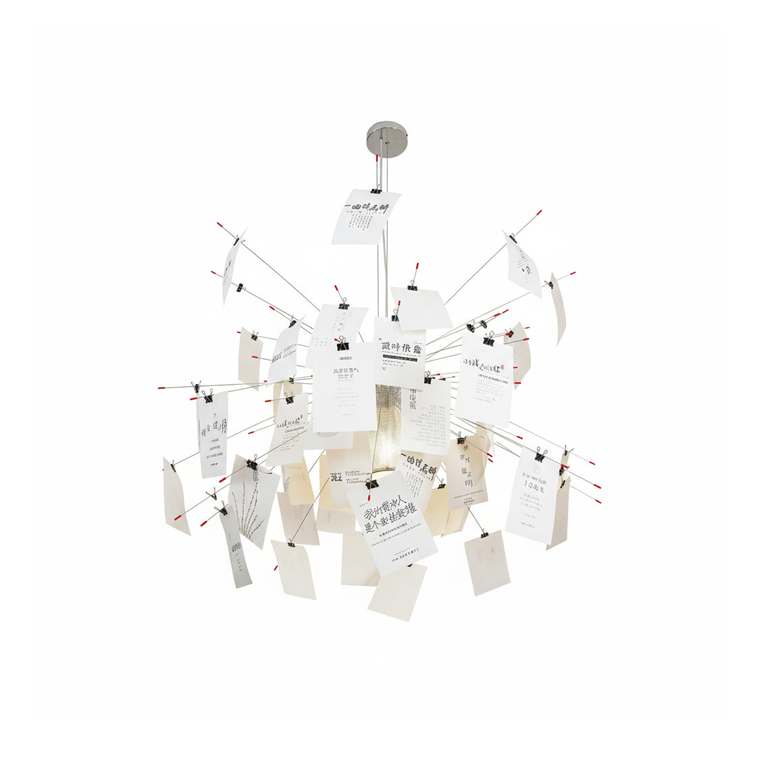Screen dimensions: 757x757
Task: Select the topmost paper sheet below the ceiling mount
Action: [365, 217]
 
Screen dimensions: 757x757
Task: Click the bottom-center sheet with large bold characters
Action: [391, 520]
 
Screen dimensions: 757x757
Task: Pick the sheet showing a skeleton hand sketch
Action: [254, 499]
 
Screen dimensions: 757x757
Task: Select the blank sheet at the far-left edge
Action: [175, 496]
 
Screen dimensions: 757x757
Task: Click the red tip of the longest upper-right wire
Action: [538, 213]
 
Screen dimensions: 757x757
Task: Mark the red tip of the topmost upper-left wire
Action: [220, 225]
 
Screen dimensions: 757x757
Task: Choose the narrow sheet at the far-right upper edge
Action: [557, 307]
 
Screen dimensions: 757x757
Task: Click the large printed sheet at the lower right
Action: [533, 495]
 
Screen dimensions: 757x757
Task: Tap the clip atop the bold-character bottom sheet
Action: [372, 483]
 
